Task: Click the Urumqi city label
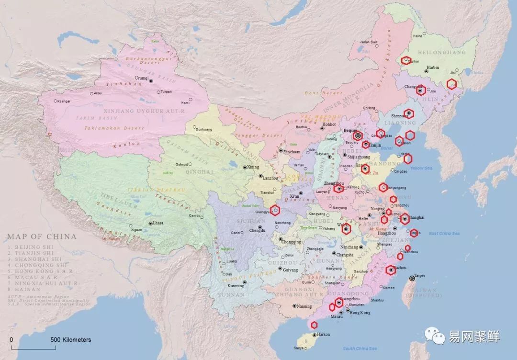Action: [142, 78]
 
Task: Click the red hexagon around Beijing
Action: [358, 135]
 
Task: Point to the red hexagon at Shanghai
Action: [405, 219]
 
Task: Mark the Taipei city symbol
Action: [412, 279]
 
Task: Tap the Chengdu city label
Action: [258, 231]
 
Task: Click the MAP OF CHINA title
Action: [42, 236]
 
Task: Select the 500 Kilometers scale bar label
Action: [71, 339]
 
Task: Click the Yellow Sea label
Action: [421, 168]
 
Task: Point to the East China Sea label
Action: [444, 233]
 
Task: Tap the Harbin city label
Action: [432, 68]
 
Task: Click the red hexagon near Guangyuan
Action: [275, 209]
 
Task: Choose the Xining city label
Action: [253, 167]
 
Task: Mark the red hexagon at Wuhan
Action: [346, 229]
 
